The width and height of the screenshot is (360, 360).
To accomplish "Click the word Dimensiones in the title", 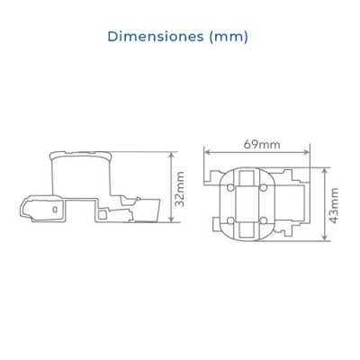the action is click(156, 37).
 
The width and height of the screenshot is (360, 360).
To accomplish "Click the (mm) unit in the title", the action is click(229, 37).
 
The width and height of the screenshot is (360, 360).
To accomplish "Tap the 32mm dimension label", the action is click(180, 189).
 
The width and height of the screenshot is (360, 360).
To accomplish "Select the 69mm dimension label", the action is click(262, 145).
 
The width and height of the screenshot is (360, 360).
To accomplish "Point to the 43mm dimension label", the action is click(333, 205).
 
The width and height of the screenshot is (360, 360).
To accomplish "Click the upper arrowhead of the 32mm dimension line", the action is click(171, 155).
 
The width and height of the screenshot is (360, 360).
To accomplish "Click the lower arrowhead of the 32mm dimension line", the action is click(171, 220).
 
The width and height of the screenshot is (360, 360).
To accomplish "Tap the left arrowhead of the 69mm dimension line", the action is click(207, 152).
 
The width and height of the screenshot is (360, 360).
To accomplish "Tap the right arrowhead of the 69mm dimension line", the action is click(306, 152).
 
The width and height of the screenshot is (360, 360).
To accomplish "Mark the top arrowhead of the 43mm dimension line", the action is click(325, 171).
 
